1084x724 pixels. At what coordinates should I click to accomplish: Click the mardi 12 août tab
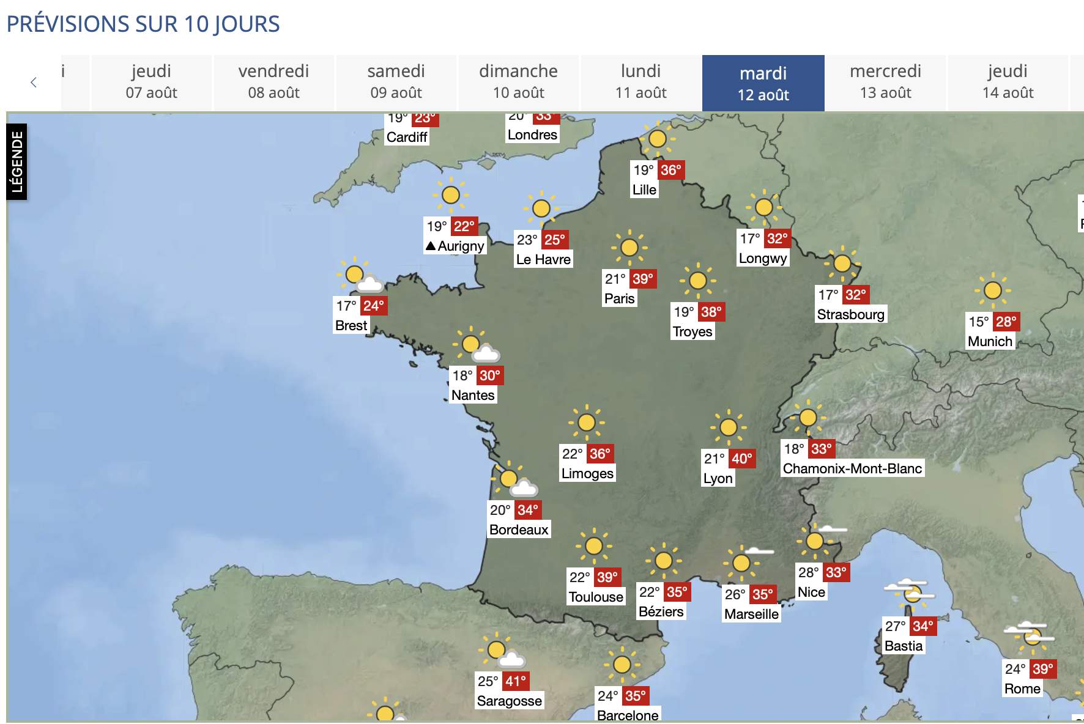[x=763, y=83]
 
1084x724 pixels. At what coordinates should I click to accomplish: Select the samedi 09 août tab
[x=396, y=82]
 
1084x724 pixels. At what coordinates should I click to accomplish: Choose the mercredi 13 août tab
[x=885, y=82]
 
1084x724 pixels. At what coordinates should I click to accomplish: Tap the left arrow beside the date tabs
[x=34, y=83]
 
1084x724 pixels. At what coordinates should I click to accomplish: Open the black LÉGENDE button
[x=17, y=161]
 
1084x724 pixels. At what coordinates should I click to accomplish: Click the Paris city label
[x=619, y=298]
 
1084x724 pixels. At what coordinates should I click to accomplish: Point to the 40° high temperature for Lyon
[x=741, y=459]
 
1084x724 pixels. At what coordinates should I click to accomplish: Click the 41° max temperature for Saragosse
[x=516, y=681]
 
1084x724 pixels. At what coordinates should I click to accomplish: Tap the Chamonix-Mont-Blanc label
[x=852, y=468]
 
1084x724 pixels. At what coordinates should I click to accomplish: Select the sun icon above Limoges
[x=586, y=422]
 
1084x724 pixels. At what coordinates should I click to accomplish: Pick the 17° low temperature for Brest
[x=346, y=306]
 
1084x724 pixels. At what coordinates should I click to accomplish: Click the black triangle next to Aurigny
[x=431, y=246]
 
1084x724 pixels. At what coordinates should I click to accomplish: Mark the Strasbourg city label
[x=850, y=314]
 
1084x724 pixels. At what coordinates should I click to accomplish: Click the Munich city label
[x=990, y=341]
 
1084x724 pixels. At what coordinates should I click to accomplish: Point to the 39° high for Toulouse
[x=607, y=577]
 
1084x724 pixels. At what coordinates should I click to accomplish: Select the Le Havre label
[x=543, y=259]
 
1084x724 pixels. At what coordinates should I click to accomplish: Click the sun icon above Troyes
[x=697, y=281]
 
